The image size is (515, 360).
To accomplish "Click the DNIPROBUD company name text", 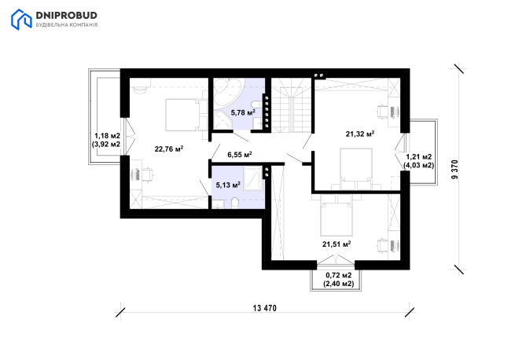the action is click(66, 16).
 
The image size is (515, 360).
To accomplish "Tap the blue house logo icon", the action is click(21, 20).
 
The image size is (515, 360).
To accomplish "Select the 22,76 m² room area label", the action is click(169, 149).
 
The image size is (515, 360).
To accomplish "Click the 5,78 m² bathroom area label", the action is click(243, 112).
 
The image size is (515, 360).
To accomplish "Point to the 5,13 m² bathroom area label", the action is click(228, 185).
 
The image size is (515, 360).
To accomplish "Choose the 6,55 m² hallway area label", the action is click(240, 154).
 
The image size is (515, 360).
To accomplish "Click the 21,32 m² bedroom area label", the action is click(360, 134).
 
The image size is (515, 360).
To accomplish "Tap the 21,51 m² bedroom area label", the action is click(337, 244).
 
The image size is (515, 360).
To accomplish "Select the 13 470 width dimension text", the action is click(265, 308).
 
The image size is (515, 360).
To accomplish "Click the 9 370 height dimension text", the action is click(455, 169).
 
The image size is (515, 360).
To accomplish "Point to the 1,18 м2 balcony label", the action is click(108, 136).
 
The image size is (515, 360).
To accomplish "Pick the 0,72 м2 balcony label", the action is click(339, 275).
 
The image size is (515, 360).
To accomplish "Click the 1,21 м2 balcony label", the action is click(419, 157).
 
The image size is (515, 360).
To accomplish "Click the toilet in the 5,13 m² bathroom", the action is click(235, 203).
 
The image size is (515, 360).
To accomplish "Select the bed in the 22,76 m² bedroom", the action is click(182, 115).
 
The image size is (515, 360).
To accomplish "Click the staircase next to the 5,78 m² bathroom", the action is click(291, 105).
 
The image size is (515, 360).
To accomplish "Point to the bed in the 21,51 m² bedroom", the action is click(336, 219).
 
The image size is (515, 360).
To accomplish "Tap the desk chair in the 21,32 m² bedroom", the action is click(381, 112).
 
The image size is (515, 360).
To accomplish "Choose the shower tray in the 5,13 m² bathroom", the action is click(253, 178).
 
